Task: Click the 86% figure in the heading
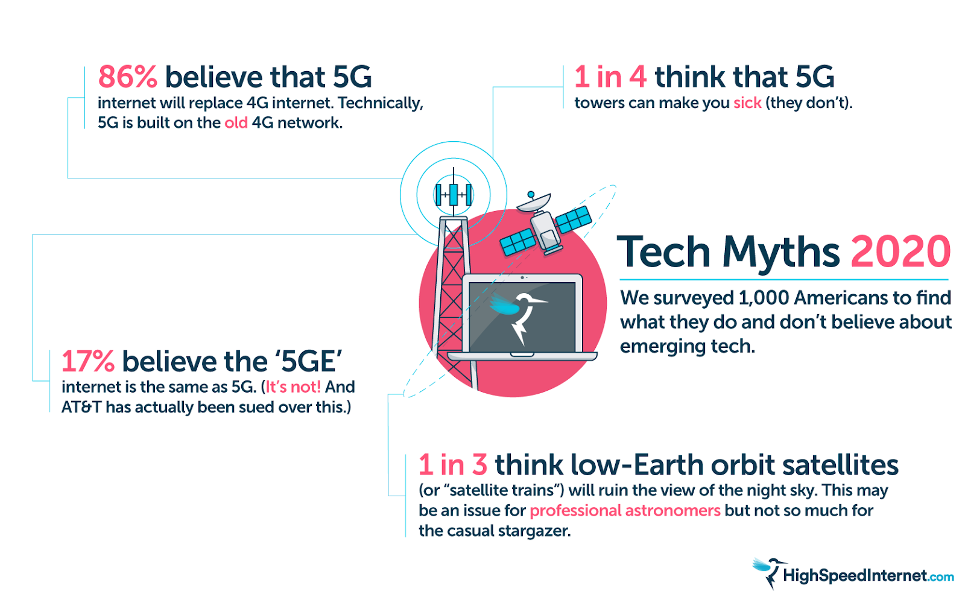pyautogui.click(x=127, y=77)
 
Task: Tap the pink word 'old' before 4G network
pyautogui.click(x=236, y=123)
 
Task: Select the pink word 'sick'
pyautogui.click(x=747, y=103)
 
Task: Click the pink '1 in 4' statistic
pyautogui.click(x=610, y=77)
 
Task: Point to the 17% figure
pyautogui.click(x=88, y=362)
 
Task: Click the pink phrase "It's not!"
pyautogui.click(x=293, y=387)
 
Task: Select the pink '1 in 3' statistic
pyautogui.click(x=453, y=465)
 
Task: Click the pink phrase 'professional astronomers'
pyautogui.click(x=625, y=511)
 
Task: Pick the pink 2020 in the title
pyautogui.click(x=900, y=252)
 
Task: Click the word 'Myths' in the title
pyautogui.click(x=781, y=252)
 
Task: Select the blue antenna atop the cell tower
pyautogui.click(x=454, y=194)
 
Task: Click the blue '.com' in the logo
pyautogui.click(x=941, y=577)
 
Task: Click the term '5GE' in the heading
pyautogui.click(x=309, y=362)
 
